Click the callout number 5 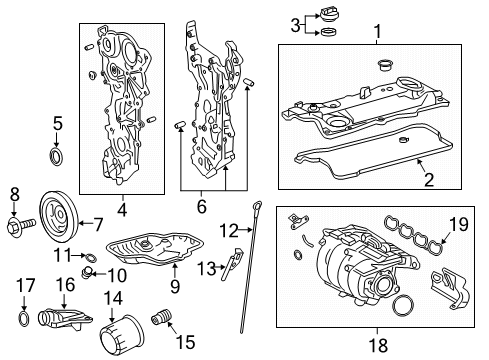click(58, 123)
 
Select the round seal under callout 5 click(56, 156)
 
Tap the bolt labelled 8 click(21, 227)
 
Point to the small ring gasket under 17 click(23, 318)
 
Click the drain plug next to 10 click(86, 273)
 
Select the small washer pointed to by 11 click(91, 257)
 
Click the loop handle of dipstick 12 click(256, 205)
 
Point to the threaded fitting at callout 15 click(161, 317)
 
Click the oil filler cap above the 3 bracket click(327, 15)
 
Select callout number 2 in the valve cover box click(429, 180)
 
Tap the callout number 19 click(459, 224)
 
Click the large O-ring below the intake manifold click(403, 305)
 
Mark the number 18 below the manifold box click(378, 345)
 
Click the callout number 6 click(202, 206)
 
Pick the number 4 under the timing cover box click(122, 210)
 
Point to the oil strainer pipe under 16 click(65, 319)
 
